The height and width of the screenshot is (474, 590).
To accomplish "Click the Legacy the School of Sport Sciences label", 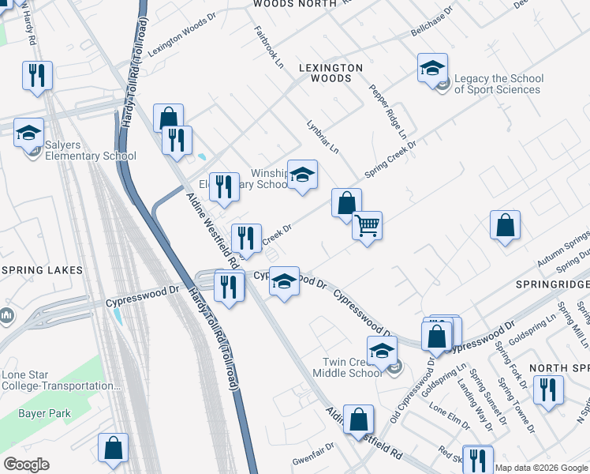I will click(x=498, y=84).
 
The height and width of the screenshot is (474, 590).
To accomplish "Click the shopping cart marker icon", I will click(x=367, y=226).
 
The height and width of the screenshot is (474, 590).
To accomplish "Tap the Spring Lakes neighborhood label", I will click(x=42, y=270).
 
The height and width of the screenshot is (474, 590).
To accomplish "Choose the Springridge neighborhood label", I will click(x=552, y=283).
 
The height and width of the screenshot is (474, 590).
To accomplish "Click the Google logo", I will click(x=26, y=465).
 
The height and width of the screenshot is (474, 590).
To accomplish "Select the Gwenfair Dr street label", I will click(x=313, y=446).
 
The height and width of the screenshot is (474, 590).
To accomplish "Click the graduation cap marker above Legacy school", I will click(x=432, y=68).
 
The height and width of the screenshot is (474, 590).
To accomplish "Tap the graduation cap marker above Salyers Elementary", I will click(x=29, y=133).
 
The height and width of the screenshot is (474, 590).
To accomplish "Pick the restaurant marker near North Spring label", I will click(x=547, y=390).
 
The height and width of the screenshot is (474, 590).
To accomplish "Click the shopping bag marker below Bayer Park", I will click(x=113, y=447).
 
